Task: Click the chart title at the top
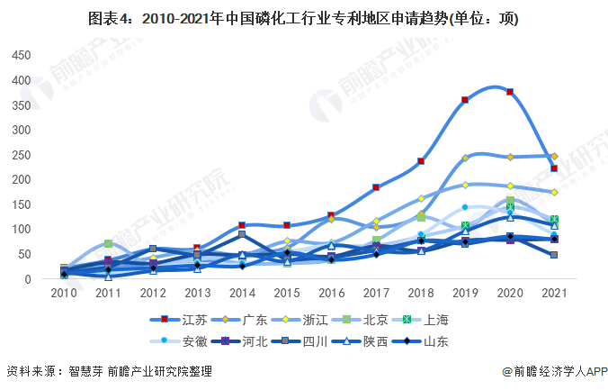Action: [x=303, y=17]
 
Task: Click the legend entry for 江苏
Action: [x=183, y=319]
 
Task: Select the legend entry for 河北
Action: [x=251, y=341]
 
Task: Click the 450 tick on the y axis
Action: [x=20, y=56]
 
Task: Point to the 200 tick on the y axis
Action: [x=20, y=180]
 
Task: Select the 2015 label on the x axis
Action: [x=287, y=293]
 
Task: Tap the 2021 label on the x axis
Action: [x=554, y=293]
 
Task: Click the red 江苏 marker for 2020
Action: [x=510, y=92]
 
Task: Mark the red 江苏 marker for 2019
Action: [x=465, y=100]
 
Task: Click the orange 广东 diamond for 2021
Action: [x=554, y=156]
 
